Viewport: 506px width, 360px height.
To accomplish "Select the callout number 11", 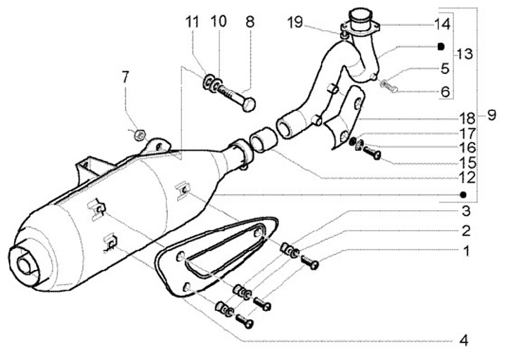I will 193,22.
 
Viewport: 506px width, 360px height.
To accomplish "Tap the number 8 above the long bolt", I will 249,22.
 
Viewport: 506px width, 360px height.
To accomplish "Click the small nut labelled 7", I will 140,131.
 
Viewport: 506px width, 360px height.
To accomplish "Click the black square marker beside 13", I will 441,47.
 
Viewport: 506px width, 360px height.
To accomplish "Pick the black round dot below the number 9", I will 462,193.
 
